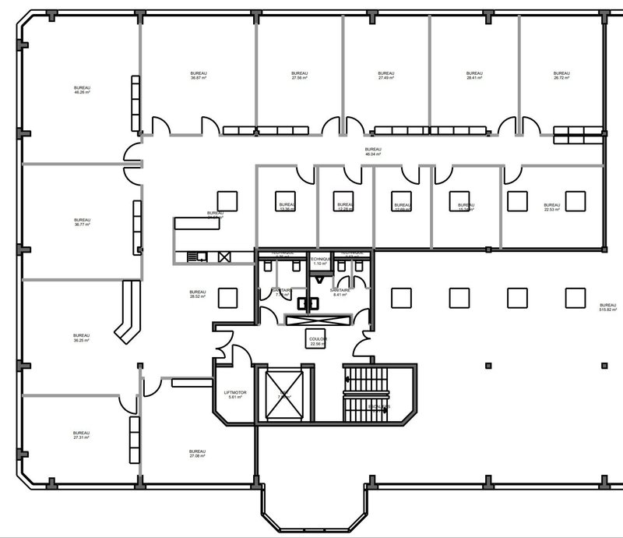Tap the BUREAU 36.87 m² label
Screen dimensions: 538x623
coord(199,76)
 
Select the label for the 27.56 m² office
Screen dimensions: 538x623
coord(300,76)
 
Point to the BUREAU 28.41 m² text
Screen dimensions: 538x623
coord(474,76)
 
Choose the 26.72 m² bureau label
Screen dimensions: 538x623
coord(561,76)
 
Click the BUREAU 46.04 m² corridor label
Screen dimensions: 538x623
coord(374,151)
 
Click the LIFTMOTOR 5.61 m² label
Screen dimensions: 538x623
coord(234,395)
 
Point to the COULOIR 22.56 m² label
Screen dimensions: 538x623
coord(318,342)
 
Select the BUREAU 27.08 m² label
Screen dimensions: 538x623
coord(197,454)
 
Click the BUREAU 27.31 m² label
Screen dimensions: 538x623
coord(82,436)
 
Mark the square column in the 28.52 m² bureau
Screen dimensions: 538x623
coord(228,297)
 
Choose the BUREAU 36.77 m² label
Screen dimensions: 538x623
coord(82,222)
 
